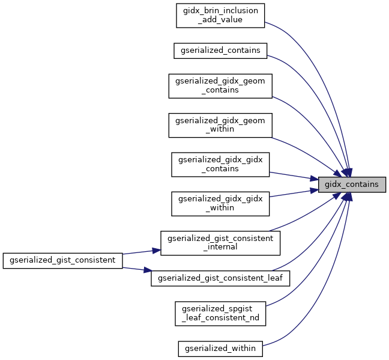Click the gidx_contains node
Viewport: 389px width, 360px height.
point(351,185)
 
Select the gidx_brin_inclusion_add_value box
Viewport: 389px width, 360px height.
point(220,15)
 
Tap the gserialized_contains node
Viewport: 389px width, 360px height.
point(220,50)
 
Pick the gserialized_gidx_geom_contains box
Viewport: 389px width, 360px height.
point(220,85)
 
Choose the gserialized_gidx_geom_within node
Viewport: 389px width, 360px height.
point(220,125)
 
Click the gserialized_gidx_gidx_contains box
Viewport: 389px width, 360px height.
point(220,164)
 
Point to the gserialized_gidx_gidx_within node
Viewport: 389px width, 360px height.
point(220,204)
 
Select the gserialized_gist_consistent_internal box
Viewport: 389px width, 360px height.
point(220,243)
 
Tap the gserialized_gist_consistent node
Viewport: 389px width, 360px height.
point(63,260)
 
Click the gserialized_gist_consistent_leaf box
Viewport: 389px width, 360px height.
point(220,278)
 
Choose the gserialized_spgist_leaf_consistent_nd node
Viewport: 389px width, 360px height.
point(220,313)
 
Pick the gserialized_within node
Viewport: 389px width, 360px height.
point(220,348)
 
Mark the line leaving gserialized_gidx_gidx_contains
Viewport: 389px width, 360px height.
point(291,175)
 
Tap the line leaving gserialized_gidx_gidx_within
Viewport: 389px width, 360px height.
point(291,194)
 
